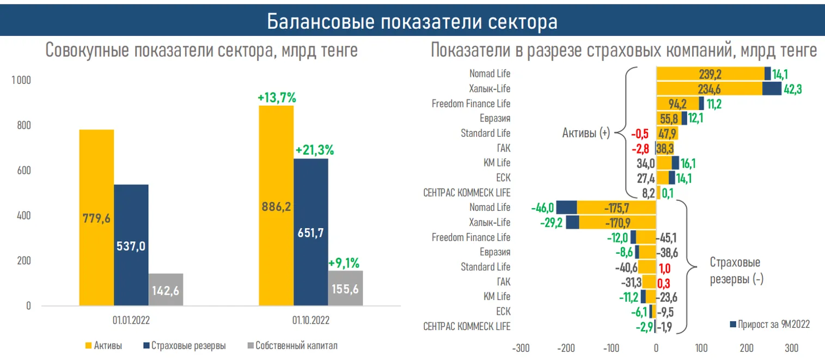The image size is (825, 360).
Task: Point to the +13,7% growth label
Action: [x=276, y=99]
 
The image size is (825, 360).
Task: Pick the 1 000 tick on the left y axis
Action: [x=22, y=81]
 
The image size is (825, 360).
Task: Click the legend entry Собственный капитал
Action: [x=296, y=346]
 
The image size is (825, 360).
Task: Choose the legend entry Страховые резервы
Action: [x=188, y=346]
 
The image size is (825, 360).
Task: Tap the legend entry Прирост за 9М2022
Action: [x=773, y=325]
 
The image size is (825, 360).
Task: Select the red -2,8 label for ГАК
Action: [x=640, y=148]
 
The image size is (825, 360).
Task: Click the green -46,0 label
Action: [x=542, y=208]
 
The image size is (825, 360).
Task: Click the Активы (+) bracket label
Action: [x=586, y=132]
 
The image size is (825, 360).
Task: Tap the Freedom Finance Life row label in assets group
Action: [x=471, y=103]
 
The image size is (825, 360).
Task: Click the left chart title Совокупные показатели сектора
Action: [x=201, y=51]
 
